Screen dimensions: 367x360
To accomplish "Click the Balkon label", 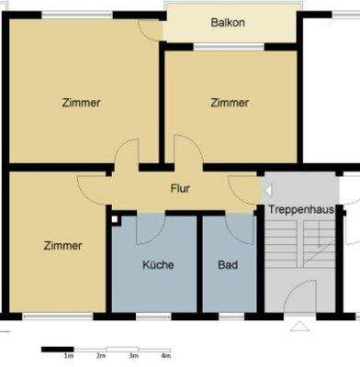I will (228, 22).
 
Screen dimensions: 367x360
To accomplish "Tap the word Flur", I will (180, 188).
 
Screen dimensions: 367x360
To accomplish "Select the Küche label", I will (158, 265).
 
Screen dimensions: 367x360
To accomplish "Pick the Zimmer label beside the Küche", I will (62, 246).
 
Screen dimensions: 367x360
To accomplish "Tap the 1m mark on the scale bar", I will (69, 356).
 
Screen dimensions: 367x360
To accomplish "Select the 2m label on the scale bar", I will (101, 356).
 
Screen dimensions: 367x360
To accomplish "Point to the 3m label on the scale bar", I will (133, 356).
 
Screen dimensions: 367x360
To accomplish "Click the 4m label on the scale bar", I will (165, 356).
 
